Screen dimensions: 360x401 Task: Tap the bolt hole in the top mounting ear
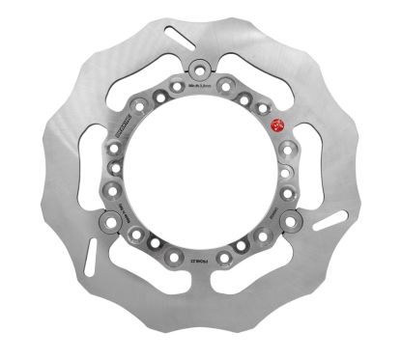[x=199, y=69]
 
